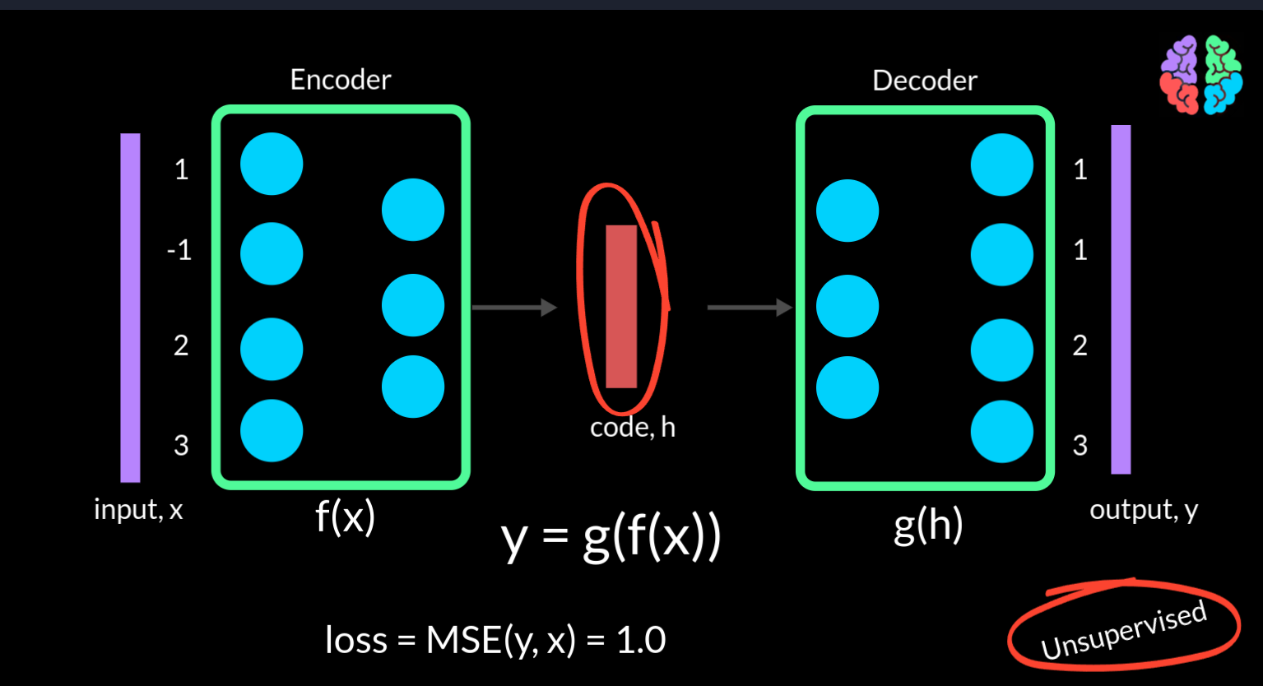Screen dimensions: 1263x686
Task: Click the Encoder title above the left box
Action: click(x=341, y=80)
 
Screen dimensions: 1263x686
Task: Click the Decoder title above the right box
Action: click(x=925, y=81)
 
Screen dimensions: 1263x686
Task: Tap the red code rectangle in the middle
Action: click(x=621, y=307)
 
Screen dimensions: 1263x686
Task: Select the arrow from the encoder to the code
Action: click(x=515, y=307)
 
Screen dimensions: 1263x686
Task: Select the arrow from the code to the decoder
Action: click(x=750, y=307)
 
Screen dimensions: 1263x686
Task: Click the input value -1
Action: click(x=180, y=250)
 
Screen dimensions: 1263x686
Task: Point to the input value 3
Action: click(x=181, y=445)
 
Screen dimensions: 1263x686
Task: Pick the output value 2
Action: click(x=1080, y=345)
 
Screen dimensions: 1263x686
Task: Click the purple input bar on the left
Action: click(x=130, y=308)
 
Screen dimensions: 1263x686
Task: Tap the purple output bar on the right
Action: click(x=1121, y=299)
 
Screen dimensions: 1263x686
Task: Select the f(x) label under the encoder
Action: click(x=345, y=517)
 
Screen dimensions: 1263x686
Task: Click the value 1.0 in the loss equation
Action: click(x=641, y=640)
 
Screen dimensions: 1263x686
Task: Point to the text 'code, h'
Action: click(x=633, y=427)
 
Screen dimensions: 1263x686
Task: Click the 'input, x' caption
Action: click(x=138, y=510)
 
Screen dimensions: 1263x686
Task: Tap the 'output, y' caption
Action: click(x=1144, y=510)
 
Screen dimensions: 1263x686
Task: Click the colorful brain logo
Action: click(x=1201, y=75)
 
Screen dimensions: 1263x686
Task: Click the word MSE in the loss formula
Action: click(x=463, y=640)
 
